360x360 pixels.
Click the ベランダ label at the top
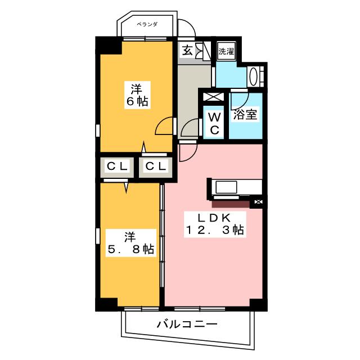[x=147, y=24]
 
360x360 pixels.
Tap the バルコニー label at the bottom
[x=187, y=325]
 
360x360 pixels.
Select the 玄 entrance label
[x=187, y=51]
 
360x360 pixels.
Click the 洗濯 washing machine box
[x=226, y=51]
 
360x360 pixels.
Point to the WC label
[x=214, y=124]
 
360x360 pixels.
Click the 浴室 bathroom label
[x=245, y=115]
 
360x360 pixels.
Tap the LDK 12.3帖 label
[x=215, y=224]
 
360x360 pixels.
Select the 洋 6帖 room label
[x=137, y=95]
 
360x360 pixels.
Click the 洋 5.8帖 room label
[x=130, y=243]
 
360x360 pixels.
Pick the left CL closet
[x=117, y=166]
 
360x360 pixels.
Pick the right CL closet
[x=156, y=166]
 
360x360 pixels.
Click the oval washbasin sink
[x=253, y=76]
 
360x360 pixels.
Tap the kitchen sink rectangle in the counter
[x=226, y=187]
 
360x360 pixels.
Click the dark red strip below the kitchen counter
[x=231, y=203]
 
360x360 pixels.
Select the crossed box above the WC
[x=214, y=96]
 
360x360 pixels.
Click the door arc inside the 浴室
[x=240, y=101]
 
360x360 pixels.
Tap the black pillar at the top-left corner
[x=108, y=46]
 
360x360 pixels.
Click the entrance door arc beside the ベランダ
[x=189, y=25]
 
